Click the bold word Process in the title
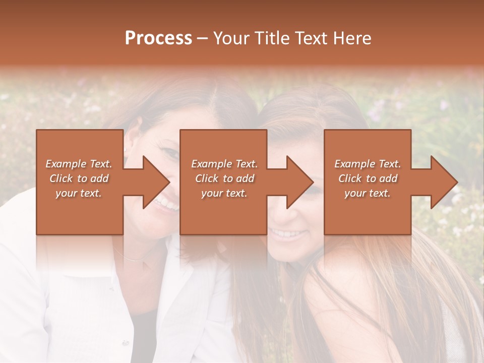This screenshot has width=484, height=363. (158, 38)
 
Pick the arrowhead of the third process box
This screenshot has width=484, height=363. (443, 182)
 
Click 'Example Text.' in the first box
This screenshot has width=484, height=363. (79, 164)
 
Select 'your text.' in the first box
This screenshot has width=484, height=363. (79, 193)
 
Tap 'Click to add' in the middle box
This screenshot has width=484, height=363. (224, 178)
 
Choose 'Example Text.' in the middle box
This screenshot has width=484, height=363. (224, 164)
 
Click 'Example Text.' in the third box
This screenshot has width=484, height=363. (368, 164)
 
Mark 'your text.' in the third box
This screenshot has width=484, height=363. (368, 193)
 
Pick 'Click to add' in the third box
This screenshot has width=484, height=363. (368, 178)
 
